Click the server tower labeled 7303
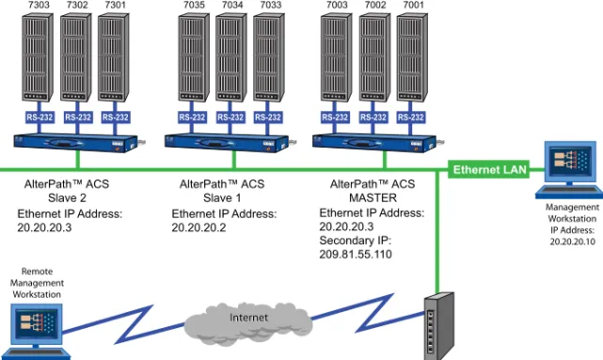point(38,57)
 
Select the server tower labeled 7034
point(230,57)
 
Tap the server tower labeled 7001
point(412,57)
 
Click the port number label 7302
point(77,5)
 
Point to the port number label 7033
point(271,5)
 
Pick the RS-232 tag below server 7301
point(116,117)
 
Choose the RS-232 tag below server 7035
point(192,117)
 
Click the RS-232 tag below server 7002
point(373,117)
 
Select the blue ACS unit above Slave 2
point(77,143)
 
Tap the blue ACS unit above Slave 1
point(229,143)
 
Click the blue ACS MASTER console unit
point(377,143)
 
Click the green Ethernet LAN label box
point(489,169)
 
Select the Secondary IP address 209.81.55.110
point(356,255)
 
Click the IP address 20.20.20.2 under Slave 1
point(198,227)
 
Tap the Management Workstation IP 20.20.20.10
point(572,242)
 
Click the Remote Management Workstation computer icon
point(37,332)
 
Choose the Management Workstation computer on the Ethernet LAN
point(570,170)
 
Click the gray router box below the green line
point(439,326)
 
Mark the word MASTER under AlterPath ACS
point(373,198)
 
